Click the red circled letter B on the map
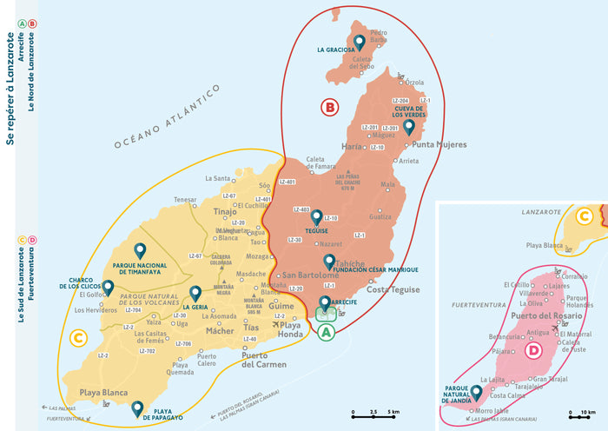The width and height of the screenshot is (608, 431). point(329,108)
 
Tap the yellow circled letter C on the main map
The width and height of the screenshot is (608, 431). point(77,337)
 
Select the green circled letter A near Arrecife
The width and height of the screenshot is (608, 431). point(325,332)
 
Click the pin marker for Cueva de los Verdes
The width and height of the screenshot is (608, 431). point(409,127)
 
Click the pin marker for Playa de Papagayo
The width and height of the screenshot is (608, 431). point(136,408)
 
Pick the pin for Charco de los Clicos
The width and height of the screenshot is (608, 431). point(108,287)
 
